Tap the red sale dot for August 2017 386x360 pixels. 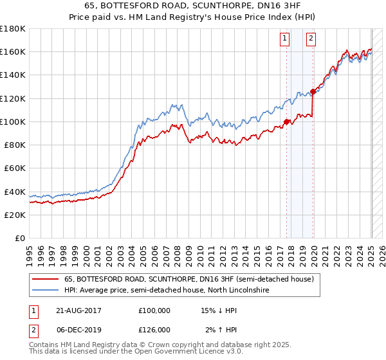point(286,121)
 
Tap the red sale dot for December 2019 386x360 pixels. point(313,91)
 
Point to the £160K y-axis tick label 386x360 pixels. point(13,52)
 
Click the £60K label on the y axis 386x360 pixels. point(15,168)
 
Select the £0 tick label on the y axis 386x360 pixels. point(21,238)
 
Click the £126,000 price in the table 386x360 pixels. point(154,330)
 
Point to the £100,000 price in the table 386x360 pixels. point(154,310)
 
